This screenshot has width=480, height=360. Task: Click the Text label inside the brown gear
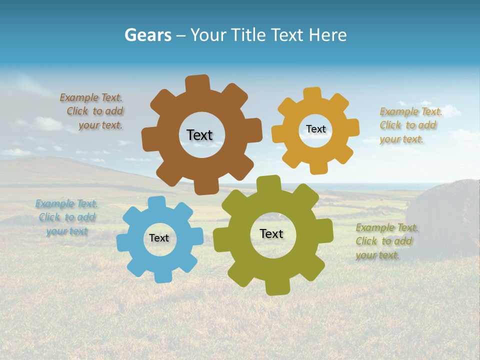pos(199,135)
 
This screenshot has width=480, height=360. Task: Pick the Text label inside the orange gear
pos(315,129)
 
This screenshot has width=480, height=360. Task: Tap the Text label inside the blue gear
pos(159,238)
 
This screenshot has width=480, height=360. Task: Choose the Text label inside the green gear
pos(271,233)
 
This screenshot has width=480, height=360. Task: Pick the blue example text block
pos(66,217)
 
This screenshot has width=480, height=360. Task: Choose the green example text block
pos(386,241)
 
